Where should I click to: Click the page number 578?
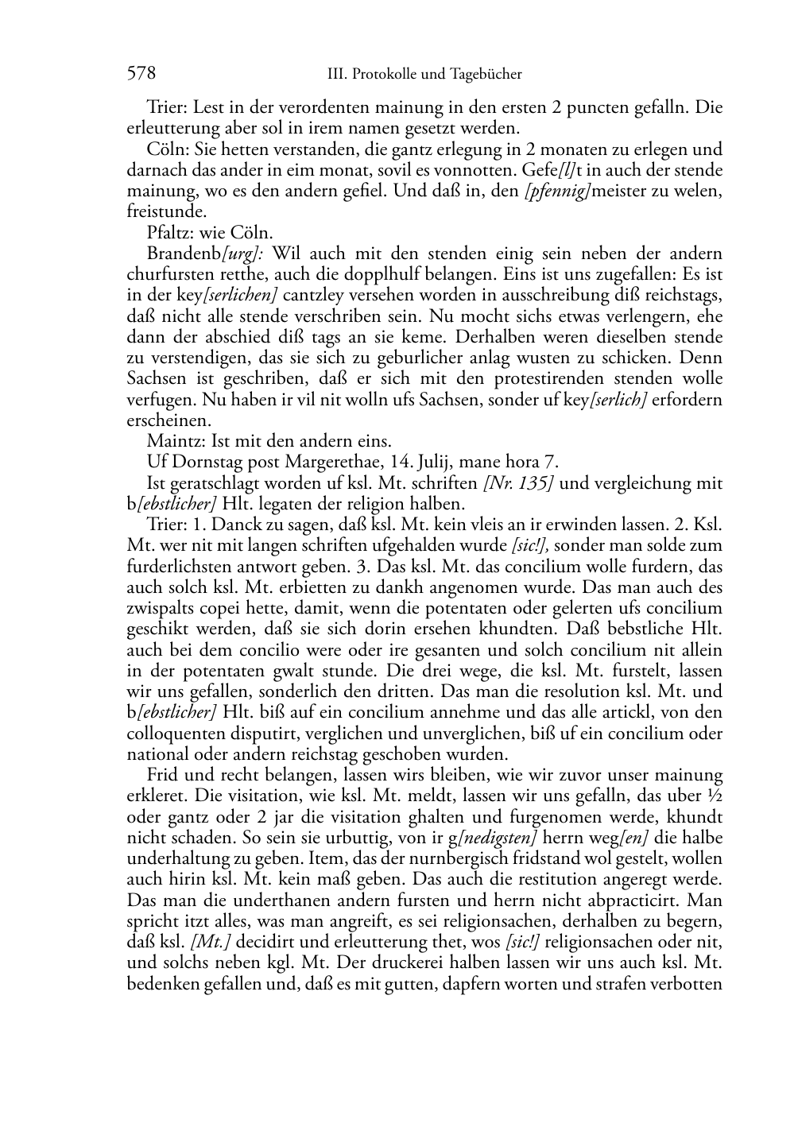point(141,74)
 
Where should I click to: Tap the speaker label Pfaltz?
point(172,233)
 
